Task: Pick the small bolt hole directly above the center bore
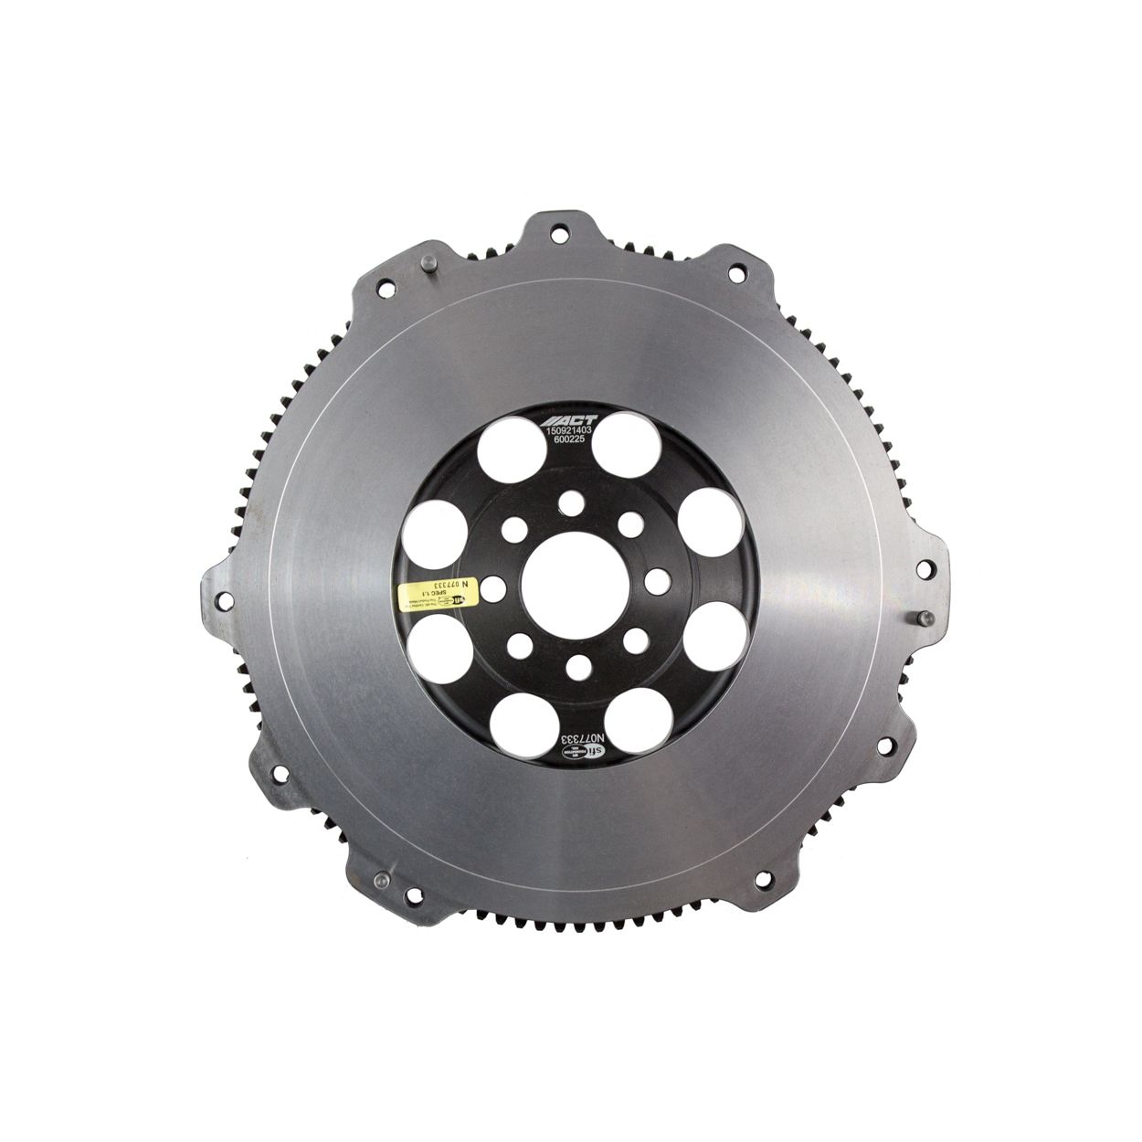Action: click(573, 500)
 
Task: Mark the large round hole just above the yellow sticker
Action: click(441, 514)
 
